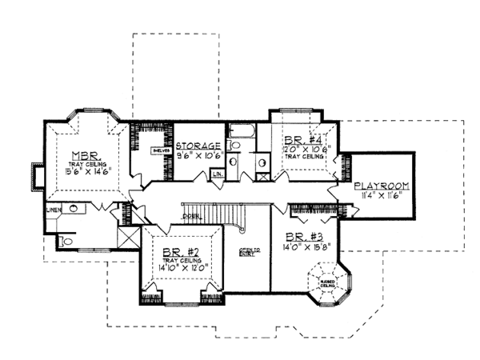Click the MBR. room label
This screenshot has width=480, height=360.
point(83,155)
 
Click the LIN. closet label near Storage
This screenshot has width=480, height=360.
point(217,174)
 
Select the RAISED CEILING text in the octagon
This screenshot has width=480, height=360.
point(328,284)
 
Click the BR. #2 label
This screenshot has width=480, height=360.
point(180,250)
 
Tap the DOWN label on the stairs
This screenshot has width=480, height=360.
point(190,217)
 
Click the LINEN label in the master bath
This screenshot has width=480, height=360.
point(53,210)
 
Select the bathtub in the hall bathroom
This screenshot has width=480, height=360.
point(240,130)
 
